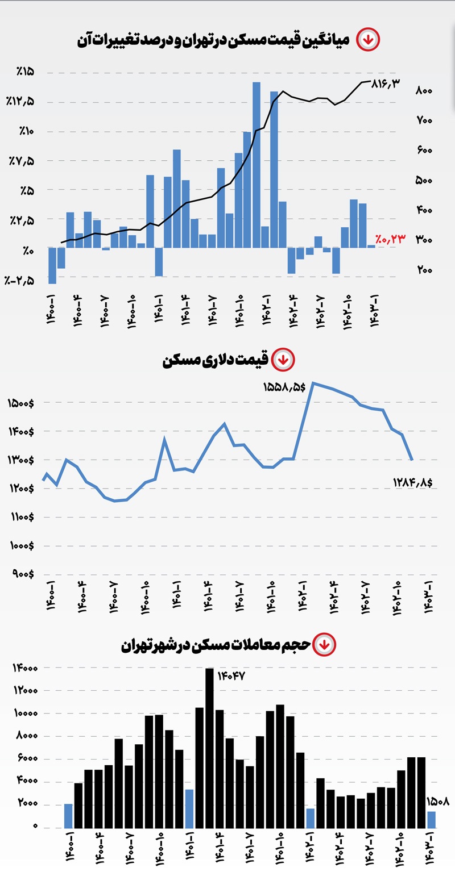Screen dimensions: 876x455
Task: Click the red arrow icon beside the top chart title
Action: tap(368, 40)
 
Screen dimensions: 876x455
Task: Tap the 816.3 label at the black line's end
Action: tap(386, 83)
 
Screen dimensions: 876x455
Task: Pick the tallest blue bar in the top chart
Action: tap(257, 165)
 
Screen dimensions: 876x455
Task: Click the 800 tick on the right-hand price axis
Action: tap(425, 91)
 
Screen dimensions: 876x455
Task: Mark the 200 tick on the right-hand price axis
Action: tap(425, 270)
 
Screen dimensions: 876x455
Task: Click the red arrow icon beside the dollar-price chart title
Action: tap(283, 360)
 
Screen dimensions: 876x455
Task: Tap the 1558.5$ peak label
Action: tap(284, 387)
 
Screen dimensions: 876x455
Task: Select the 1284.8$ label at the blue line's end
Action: tap(412, 482)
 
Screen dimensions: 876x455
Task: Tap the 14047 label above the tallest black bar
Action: tap(230, 676)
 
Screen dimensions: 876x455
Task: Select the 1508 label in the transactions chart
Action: tap(438, 803)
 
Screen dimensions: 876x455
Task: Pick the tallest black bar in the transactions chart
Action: tap(209, 748)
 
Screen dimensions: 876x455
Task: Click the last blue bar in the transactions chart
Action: tap(432, 819)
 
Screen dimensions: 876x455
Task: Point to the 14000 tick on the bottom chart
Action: tap(25, 668)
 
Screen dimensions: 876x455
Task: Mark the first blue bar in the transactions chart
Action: tap(68, 815)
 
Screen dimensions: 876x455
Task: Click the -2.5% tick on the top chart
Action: tap(20, 281)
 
